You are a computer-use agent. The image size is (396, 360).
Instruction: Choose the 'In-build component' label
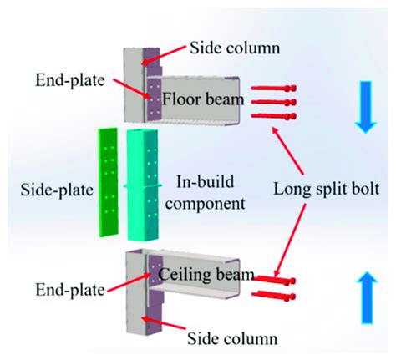(219, 190)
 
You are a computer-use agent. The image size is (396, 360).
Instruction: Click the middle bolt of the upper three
(273, 102)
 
